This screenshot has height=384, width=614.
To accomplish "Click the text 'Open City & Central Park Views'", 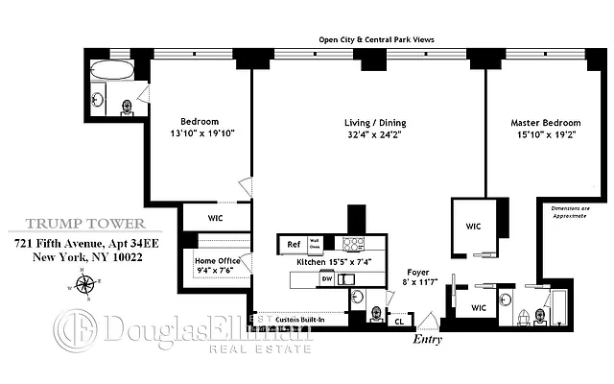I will click(378, 39).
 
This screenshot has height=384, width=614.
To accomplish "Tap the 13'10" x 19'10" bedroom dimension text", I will click(201, 135).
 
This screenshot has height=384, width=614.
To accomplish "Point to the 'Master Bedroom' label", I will click(547, 123).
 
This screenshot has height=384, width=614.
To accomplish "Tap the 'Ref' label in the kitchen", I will click(293, 244).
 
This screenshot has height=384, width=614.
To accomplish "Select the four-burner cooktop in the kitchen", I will click(354, 244).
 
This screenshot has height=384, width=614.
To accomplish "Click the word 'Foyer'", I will click(416, 272).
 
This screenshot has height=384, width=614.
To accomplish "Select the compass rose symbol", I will click(85, 284).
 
